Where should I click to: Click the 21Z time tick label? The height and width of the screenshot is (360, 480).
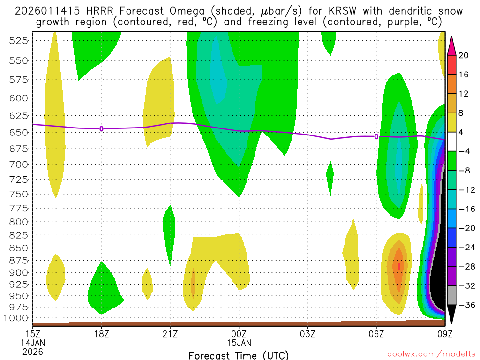point(170,334)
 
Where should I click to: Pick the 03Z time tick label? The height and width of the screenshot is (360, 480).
point(307,334)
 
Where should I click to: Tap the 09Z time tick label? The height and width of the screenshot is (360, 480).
point(444,334)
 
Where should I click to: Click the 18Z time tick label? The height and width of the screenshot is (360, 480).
point(102,334)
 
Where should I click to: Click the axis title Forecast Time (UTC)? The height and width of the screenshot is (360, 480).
point(239,355)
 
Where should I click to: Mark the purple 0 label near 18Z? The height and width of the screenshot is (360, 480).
point(101,128)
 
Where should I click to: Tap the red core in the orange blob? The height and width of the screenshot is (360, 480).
point(399,266)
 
